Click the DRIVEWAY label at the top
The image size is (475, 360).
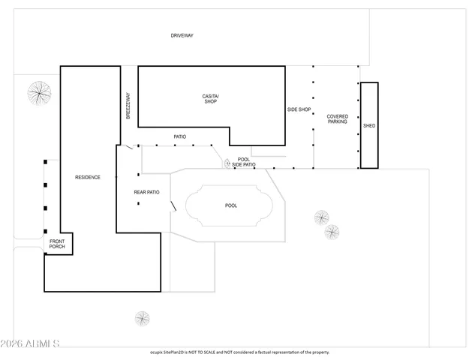point(182,35)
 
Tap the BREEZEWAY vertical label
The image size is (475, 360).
point(128,105)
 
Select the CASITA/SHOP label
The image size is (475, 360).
point(210,98)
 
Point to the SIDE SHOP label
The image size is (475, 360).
point(299,109)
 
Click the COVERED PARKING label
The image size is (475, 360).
point(337,118)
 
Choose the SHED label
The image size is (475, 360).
point(368,126)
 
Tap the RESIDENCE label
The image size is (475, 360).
point(88,178)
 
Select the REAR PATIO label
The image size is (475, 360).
point(146,193)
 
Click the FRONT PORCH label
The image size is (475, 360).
point(57,244)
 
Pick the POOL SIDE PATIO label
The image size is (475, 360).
point(244,162)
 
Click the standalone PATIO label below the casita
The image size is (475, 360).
point(180,136)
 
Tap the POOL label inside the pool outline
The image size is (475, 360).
point(231,205)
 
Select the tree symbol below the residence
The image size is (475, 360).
point(143,318)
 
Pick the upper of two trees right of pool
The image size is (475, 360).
point(321,217)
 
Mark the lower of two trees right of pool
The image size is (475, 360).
point(332,232)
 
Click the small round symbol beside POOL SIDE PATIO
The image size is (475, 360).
point(227,163)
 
